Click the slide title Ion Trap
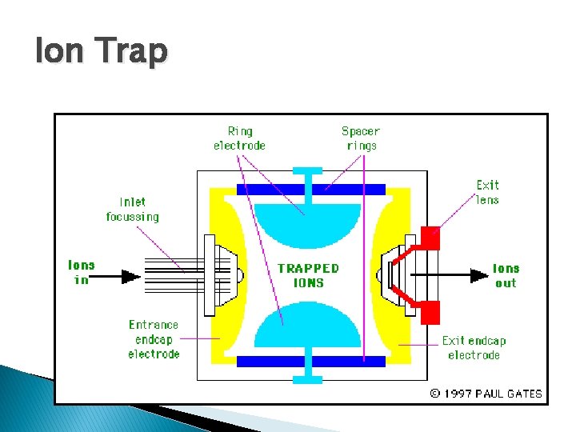[x=102, y=51]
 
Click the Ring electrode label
[x=239, y=138]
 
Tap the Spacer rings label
[x=361, y=138]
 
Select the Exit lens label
[x=487, y=192]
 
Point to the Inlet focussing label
[x=133, y=210]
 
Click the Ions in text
[x=81, y=272]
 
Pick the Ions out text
[x=506, y=276]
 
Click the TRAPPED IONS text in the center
[x=308, y=275]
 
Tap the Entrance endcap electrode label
[x=154, y=339]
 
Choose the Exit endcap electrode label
[x=474, y=347]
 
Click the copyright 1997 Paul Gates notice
[x=486, y=394]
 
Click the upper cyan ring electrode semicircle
[x=307, y=220]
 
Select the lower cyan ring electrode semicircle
[x=307, y=330]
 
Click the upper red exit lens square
[x=430, y=238]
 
